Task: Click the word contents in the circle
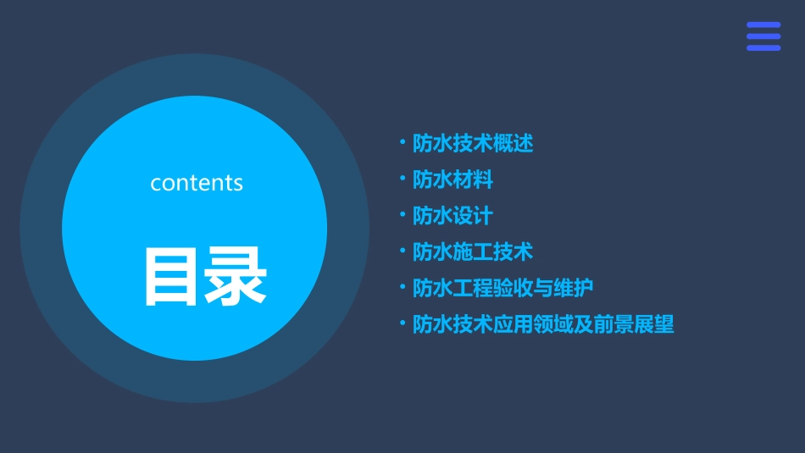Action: pos(197,183)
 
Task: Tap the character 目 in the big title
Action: pos(173,276)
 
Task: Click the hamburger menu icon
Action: pos(763,36)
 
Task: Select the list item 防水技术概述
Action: pos(473,143)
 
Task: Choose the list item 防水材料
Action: pos(452,180)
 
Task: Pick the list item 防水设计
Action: pos(452,216)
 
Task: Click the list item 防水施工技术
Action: pos(473,251)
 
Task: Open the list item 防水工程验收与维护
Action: pos(502,288)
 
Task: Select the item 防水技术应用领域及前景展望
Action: pos(543,324)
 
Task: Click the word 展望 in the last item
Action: pos(654,324)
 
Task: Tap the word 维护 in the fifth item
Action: pos(574,288)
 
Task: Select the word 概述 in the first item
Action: pos(514,143)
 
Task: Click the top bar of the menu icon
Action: pos(763,25)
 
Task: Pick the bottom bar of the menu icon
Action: pos(763,48)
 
